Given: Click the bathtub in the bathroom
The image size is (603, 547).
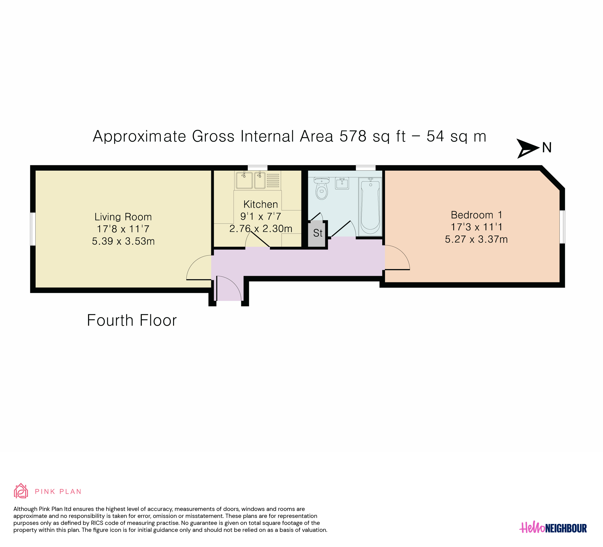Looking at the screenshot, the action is click(x=370, y=206).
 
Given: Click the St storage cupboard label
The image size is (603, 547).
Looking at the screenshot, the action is click(x=318, y=233).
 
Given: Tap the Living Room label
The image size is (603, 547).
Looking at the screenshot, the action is click(x=123, y=217).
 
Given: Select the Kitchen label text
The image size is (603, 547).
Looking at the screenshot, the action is click(x=261, y=204).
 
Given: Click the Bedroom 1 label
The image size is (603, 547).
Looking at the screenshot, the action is click(x=476, y=215).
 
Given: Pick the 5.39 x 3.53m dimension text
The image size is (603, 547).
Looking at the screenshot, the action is click(x=123, y=241).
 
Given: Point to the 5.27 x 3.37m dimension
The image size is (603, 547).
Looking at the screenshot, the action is click(x=476, y=239).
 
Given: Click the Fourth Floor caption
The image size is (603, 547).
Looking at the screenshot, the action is click(x=132, y=321).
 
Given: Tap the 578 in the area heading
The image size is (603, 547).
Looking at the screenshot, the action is click(x=353, y=136).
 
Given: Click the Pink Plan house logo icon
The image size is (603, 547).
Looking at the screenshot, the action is click(x=21, y=491).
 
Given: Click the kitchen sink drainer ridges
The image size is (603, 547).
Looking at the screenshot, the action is click(x=273, y=181).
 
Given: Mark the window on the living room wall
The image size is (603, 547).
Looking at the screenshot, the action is click(x=33, y=229).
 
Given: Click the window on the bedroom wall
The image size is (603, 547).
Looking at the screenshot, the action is click(x=562, y=227).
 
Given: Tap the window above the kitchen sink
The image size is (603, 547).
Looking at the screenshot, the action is click(x=258, y=168).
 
